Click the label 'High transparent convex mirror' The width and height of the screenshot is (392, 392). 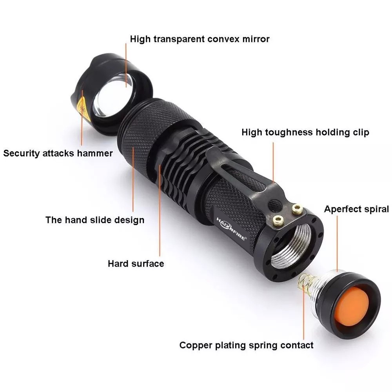pos(200,39)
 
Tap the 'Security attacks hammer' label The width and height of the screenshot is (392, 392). pos(58,153)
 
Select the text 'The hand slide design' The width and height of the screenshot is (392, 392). pos(95,220)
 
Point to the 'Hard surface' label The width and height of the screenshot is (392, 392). pos(136,263)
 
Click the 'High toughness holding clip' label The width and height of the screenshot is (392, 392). pos(305,132)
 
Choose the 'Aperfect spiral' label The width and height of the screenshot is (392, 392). pos(356,209)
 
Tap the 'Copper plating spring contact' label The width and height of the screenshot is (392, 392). pos(246,345)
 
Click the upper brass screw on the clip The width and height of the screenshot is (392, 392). pos(297,210)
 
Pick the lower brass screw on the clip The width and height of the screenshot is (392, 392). pos(279,221)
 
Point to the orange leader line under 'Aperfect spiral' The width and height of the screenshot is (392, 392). pos(337,243)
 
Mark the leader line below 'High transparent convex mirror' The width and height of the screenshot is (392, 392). pos(126,63)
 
